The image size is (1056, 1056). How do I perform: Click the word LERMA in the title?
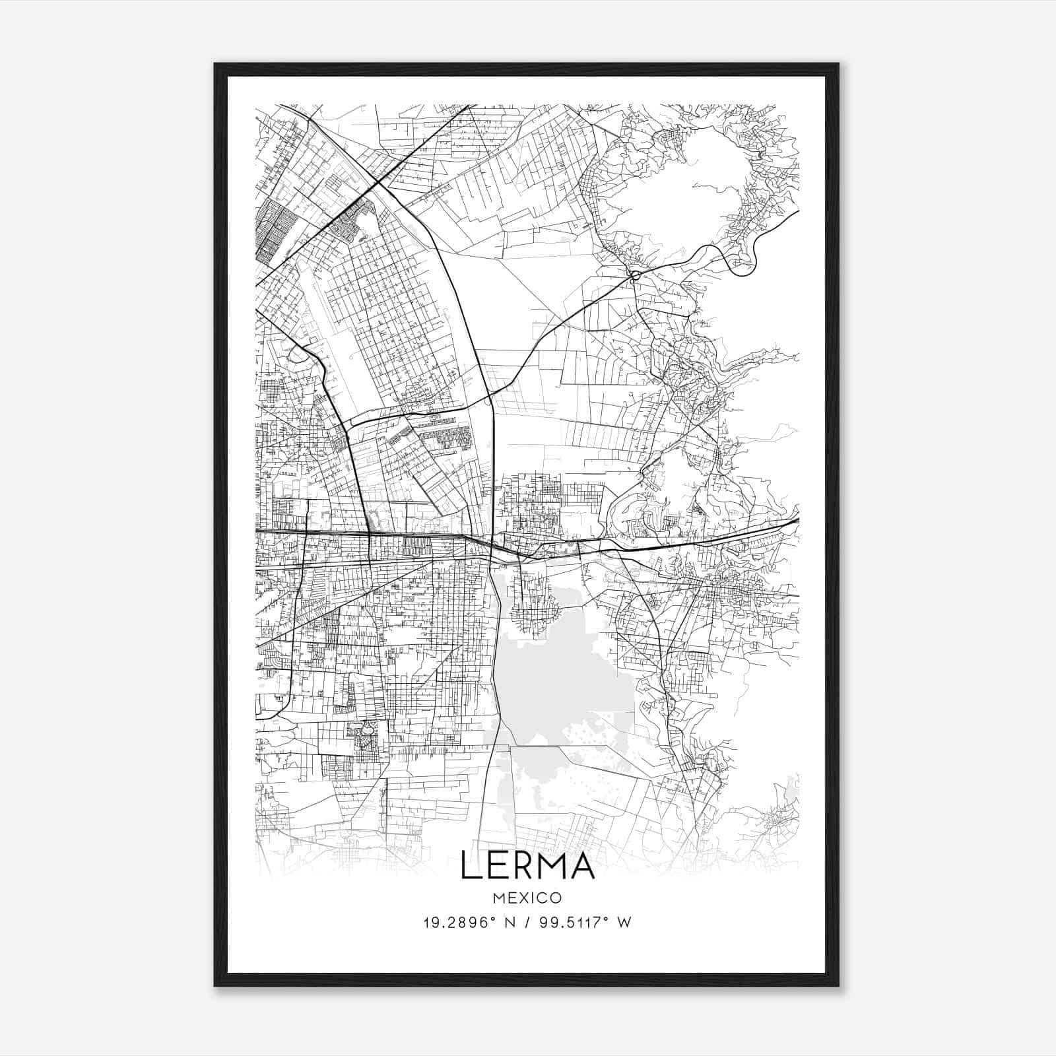[x=527, y=865]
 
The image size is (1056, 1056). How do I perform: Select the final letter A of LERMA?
[x=582, y=865]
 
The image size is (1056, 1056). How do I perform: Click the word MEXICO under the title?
[x=527, y=898]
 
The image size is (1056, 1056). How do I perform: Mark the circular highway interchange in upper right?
[x=635, y=276]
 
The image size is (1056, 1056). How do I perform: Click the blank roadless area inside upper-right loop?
[x=680, y=172]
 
